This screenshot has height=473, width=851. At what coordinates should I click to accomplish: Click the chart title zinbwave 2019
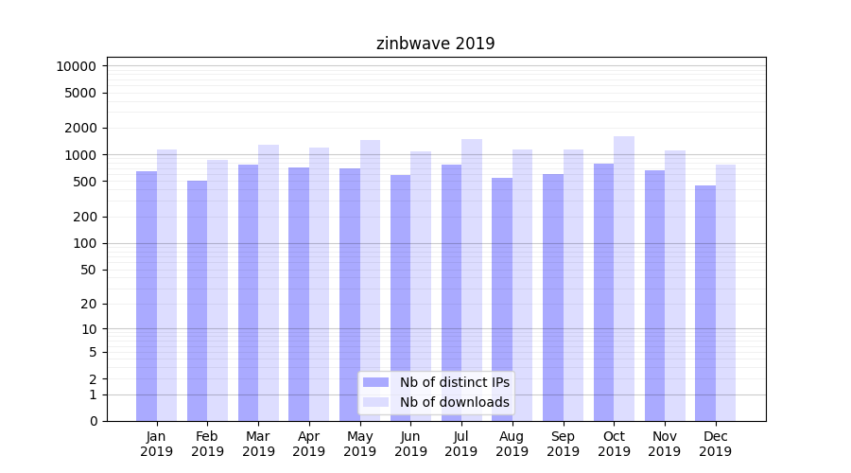(x=435, y=44)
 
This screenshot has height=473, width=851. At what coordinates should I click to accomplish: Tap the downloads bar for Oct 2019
(x=624, y=279)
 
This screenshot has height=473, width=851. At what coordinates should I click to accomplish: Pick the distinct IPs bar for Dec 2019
(x=705, y=303)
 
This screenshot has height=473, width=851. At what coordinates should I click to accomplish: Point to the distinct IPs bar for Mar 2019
(x=248, y=293)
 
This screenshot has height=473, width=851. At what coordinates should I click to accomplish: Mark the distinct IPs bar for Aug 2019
(x=502, y=299)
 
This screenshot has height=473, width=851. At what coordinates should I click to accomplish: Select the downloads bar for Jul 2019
(x=472, y=280)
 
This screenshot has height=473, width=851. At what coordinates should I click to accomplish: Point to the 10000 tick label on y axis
(x=76, y=66)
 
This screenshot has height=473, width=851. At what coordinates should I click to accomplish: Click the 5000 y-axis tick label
(x=79, y=93)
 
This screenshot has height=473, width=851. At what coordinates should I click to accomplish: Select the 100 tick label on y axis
(x=83, y=243)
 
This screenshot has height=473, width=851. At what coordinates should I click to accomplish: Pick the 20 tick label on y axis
(x=87, y=304)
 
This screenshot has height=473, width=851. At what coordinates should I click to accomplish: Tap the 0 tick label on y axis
(x=93, y=421)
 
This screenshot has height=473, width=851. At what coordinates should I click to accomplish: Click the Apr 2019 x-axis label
(x=309, y=444)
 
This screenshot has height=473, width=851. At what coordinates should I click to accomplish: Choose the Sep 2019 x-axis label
(x=563, y=444)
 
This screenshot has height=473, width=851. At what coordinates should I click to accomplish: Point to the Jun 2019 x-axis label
(x=410, y=444)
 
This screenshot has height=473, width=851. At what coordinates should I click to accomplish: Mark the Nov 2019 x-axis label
(x=664, y=444)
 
